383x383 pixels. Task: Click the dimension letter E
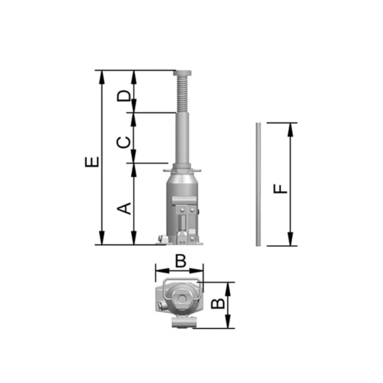click(92, 161)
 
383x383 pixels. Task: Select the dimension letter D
click(124, 95)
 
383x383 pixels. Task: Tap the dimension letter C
click(124, 143)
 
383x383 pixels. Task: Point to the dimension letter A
click(124, 209)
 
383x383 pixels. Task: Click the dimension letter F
click(280, 189)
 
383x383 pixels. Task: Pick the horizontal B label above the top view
click(181, 261)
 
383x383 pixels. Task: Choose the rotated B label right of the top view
click(217, 303)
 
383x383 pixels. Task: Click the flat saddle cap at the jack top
click(182, 73)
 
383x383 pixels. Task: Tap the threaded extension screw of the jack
click(181, 94)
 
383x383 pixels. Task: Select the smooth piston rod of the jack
click(182, 139)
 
